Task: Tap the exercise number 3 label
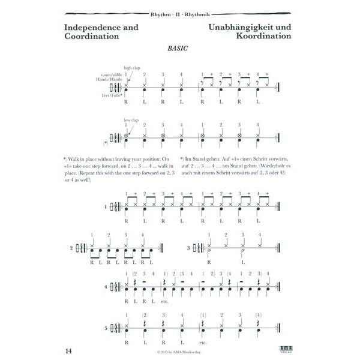coord(188,247)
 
